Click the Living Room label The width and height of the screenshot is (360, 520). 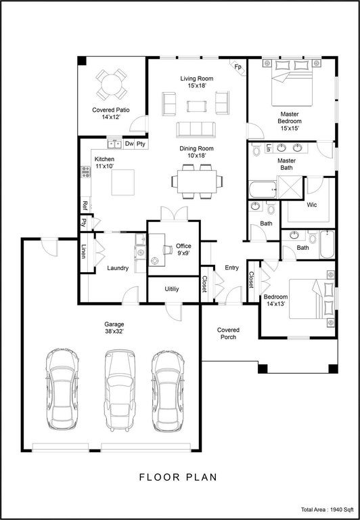196,79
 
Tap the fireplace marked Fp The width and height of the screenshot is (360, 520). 238,67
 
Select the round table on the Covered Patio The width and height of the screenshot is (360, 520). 112,84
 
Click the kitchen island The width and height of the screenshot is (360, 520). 123,182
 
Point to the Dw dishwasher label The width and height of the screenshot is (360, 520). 129,144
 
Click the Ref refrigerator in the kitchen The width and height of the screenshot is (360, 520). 85,206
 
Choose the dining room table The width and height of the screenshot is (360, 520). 197,181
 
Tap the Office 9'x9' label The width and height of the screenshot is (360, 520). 183,249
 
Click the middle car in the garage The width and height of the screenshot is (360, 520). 120,391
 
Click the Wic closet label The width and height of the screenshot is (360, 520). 311,205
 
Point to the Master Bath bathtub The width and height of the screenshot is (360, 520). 263,190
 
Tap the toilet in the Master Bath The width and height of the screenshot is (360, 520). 256,150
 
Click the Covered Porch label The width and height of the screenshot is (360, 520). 228,334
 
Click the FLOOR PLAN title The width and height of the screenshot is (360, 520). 178,477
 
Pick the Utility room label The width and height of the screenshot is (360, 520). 172,289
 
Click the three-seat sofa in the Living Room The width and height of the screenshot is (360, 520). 196,130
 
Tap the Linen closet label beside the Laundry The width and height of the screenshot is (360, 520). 84,252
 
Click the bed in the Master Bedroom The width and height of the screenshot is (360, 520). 292,82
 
